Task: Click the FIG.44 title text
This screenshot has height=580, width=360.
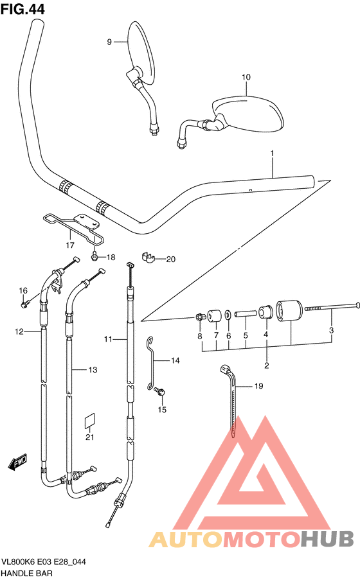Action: (x=22, y=9)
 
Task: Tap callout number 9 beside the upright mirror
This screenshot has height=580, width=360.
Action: (x=109, y=42)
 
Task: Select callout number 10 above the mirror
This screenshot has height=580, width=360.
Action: (x=246, y=77)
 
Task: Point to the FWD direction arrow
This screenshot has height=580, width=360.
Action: (x=17, y=461)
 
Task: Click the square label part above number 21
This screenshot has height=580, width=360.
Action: (x=90, y=421)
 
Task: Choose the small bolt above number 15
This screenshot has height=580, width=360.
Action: (x=160, y=391)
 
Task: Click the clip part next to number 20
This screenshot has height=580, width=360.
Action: (x=147, y=257)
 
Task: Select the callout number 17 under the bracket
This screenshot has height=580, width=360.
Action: (x=70, y=245)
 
